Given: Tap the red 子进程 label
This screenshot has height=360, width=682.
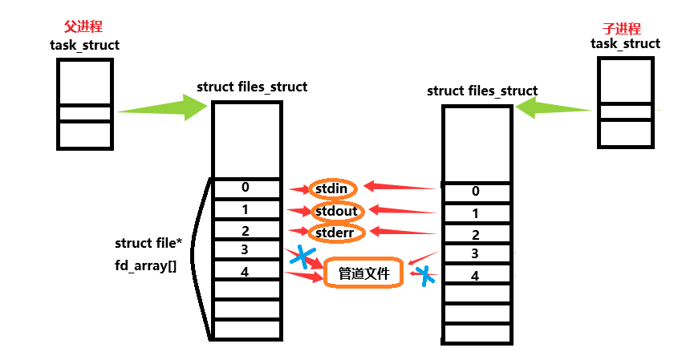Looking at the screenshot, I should click(x=625, y=28).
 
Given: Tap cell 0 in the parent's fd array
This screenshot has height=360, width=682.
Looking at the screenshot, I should click(x=245, y=188).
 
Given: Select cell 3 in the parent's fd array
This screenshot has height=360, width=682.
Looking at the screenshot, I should click(x=245, y=249).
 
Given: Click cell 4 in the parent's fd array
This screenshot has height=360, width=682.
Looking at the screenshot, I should click(x=245, y=271).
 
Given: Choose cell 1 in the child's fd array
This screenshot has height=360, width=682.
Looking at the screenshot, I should click(x=476, y=213).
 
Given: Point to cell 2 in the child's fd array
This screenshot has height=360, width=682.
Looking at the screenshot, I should click(x=476, y=235).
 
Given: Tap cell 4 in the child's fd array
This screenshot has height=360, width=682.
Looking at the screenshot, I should click(x=476, y=276).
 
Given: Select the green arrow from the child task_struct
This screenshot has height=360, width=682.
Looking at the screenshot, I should click(x=555, y=107).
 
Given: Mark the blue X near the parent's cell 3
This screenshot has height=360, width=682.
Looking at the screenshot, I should click(x=302, y=257).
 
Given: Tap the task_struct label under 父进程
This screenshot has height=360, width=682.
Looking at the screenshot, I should click(x=84, y=45).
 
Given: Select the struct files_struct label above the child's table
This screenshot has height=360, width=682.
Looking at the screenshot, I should click(x=482, y=91).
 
